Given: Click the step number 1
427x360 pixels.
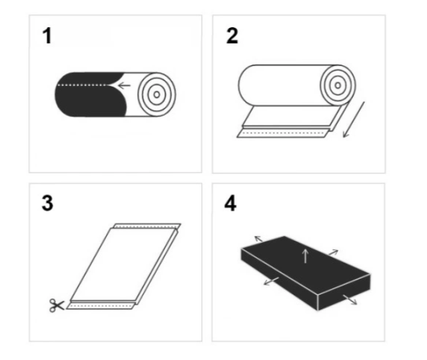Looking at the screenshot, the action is coord(47,36).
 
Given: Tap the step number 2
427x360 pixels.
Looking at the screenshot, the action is coord(232,36).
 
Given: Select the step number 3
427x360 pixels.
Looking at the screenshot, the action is coord(47,203).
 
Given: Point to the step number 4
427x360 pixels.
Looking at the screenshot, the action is coord(230,203).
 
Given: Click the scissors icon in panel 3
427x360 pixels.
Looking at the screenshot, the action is coord(57,305).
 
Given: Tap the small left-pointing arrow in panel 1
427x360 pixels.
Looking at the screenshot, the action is coord(124,85).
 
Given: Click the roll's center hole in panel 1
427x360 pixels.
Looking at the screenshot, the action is coord(157,95).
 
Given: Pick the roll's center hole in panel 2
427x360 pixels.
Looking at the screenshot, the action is coord(338,85).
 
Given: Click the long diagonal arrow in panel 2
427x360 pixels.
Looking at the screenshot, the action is coord(354,120).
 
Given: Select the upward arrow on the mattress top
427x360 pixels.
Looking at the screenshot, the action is coord(306,256).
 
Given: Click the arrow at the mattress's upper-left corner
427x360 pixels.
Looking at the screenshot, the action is coord(258,239).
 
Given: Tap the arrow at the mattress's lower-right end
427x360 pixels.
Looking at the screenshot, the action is coord(350,299).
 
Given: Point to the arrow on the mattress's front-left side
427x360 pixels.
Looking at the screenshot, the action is coord(272,281).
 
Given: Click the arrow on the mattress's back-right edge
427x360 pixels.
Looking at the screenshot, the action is coord(334,252).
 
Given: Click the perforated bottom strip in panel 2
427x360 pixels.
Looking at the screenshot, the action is coord(281,133).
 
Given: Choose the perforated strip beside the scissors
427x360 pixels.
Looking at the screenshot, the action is coord(101,306).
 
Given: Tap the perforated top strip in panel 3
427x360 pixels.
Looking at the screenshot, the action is coord(147,226).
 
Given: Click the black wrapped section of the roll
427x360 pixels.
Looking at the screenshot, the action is coord(91,95).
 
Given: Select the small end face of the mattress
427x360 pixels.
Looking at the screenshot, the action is coord(344,292).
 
